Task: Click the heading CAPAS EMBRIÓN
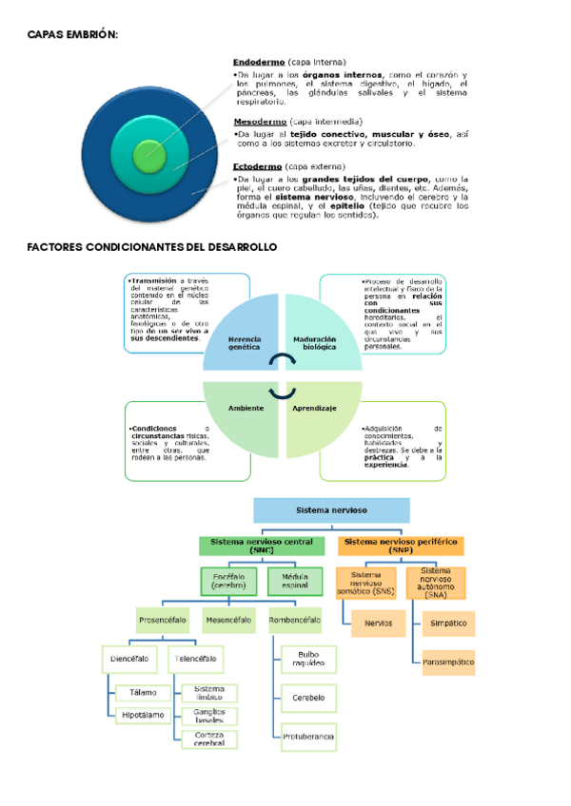click(72, 34)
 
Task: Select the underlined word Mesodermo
click(260, 122)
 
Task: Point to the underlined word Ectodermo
click(257, 166)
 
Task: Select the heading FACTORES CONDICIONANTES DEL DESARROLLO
click(152, 247)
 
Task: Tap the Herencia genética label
click(244, 344)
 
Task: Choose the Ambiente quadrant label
click(246, 407)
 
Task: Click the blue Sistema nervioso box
click(331, 510)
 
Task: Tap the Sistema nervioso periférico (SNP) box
click(401, 546)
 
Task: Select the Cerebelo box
click(308, 697)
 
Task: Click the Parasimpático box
click(448, 662)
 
